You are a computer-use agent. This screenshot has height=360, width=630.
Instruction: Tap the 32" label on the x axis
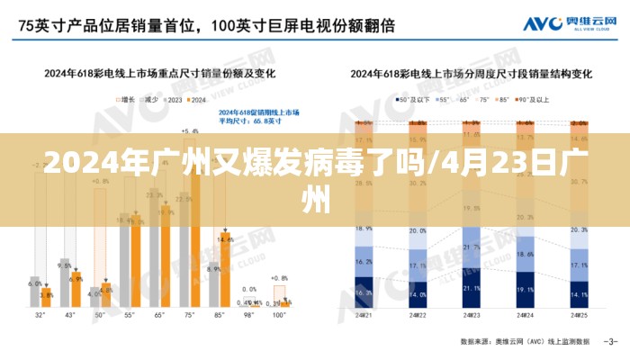[x=40, y=316]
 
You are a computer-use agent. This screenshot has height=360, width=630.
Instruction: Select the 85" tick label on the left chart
[x=218, y=316]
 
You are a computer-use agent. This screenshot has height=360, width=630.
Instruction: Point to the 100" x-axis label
[x=279, y=316]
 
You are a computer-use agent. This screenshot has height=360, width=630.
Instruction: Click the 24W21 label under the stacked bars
[x=364, y=316]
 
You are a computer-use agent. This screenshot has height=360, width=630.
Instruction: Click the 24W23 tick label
[x=472, y=316]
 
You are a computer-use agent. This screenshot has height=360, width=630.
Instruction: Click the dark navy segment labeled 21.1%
[x=472, y=290]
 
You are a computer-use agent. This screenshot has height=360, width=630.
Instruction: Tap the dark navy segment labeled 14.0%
[x=418, y=294]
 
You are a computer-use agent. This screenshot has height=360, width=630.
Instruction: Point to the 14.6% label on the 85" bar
[x=225, y=239]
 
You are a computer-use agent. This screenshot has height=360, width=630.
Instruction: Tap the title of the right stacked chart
[x=472, y=73]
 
